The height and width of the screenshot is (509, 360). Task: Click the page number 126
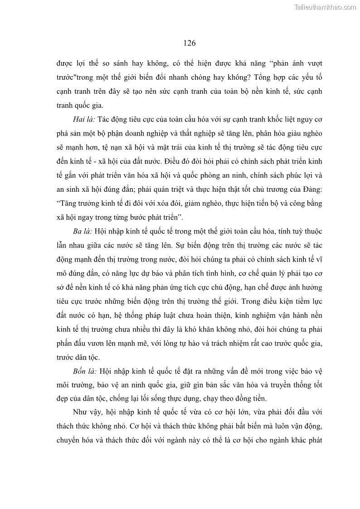pos(190,43)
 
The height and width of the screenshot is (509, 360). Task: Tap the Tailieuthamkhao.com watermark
pos(325,7)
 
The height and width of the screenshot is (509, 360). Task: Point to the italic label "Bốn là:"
pos(84,372)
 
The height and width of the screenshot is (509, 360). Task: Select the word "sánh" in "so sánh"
pos(133,63)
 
